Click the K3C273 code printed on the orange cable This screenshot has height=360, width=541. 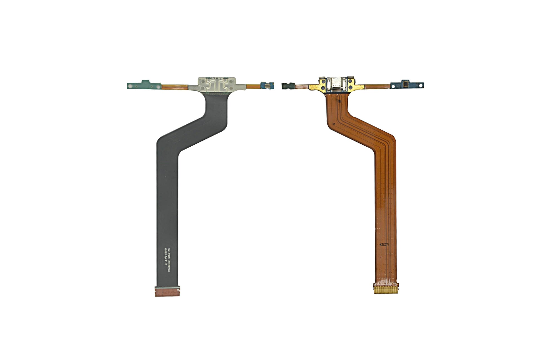coord(384,245)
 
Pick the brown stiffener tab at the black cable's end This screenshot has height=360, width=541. coord(167,292)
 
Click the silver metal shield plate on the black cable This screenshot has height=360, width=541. coord(217,85)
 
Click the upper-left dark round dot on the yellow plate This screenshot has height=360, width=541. coord(323,82)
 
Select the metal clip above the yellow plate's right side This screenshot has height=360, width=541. coord(351,78)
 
